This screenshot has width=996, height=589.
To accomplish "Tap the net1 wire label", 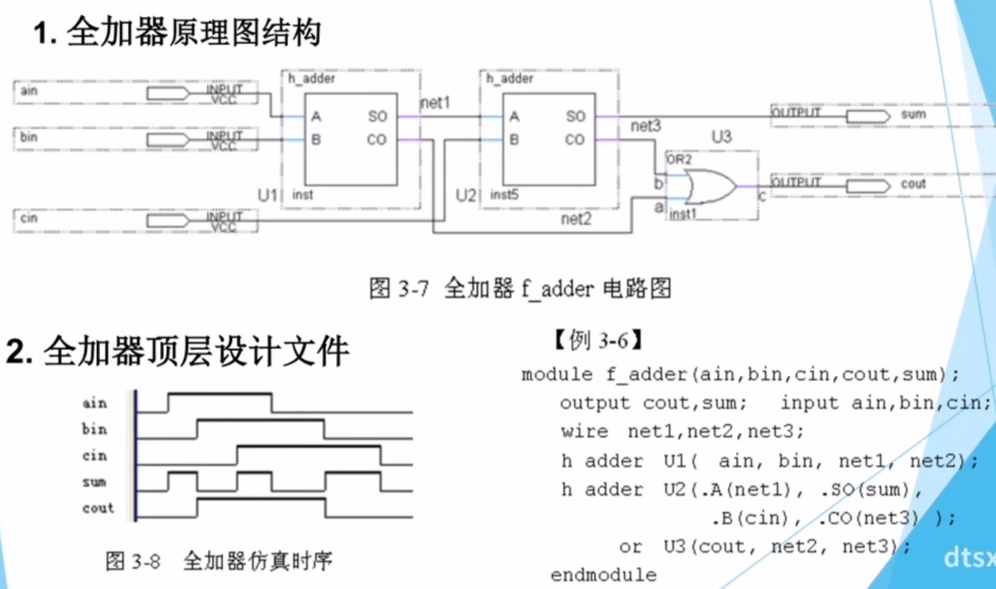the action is pos(435,103).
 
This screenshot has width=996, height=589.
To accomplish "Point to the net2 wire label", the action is pos(577,219).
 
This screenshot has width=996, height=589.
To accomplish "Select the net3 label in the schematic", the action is pos(646,126).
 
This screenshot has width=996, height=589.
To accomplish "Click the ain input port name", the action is pos(29,91).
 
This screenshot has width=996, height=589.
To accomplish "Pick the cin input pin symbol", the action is pos(168,221).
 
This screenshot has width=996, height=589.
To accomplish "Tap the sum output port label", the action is pos(913,114).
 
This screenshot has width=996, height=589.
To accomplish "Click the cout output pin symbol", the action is pos(869,186).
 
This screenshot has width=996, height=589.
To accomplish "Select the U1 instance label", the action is pos(267,195).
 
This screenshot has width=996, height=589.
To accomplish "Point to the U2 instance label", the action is pos(465,195).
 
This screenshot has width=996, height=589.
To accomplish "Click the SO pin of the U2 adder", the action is pos(575,117).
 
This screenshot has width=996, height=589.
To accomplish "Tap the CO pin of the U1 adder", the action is pos(376,140).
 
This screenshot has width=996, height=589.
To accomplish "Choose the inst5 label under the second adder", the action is pos(504,195).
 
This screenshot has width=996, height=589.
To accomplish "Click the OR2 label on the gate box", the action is pos(679,159).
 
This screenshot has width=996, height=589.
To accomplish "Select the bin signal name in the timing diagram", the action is pos(94,429).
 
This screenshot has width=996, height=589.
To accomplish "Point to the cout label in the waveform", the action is pos(98,508).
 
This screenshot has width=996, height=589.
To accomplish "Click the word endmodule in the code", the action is pos(603,576).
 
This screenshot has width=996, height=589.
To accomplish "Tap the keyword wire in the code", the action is pos(584,432).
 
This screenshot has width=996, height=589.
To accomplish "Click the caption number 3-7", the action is pos(414,289).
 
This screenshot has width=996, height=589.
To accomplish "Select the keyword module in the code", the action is pos(557,374).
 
